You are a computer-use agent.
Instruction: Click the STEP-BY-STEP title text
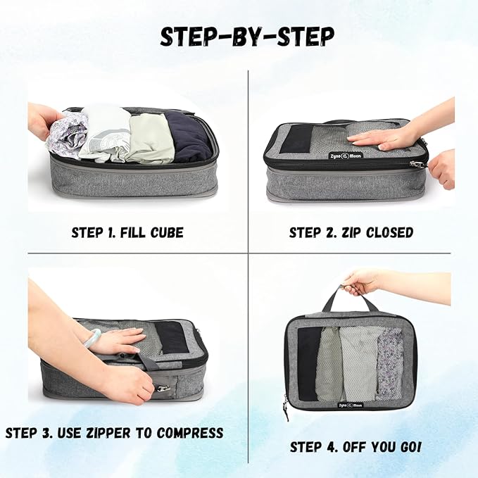246,36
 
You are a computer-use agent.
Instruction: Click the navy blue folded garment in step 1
190,137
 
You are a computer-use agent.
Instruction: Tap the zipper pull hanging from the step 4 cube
287,406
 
